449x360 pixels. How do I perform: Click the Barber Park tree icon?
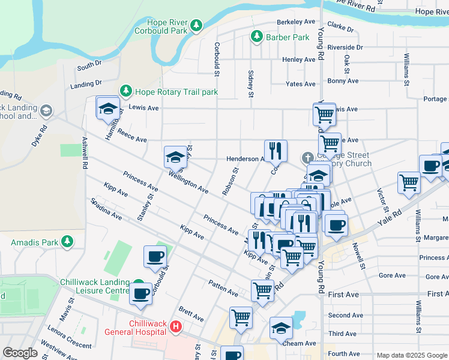[x=257, y=37]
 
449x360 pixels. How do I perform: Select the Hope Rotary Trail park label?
[x=176, y=92]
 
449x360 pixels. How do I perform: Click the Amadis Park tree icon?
[x=67, y=241]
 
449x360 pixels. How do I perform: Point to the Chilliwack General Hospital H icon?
[x=175, y=327]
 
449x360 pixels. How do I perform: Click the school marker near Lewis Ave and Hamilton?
[x=107, y=109]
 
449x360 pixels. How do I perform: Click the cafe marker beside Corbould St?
[x=155, y=257]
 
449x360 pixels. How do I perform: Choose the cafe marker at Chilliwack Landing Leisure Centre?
[x=140, y=295]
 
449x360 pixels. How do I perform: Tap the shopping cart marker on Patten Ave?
[x=262, y=291]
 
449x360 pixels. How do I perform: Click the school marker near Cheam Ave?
[x=280, y=329]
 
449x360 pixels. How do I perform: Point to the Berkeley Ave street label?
[x=296, y=22]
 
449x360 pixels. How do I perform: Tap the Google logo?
[x=20, y=353]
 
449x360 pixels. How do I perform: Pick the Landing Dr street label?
[x=83, y=85]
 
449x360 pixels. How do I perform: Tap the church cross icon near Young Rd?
[x=307, y=158]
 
